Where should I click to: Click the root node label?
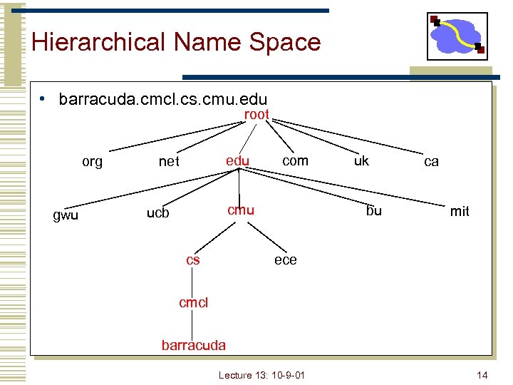256,114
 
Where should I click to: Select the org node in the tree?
92,162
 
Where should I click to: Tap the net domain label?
169,162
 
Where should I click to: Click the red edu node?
237,160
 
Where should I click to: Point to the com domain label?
295,160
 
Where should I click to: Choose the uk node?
361,160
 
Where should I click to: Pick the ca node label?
431,162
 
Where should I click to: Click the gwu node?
66,215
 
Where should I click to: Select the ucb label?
157,212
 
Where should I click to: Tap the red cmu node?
241,210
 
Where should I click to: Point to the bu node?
374,210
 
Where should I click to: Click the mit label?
460,211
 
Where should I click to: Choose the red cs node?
193,260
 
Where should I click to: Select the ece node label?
285,260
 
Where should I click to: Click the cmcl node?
193,302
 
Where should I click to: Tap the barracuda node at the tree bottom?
193,345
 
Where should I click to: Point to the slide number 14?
482,374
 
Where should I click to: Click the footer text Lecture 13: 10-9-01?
261,374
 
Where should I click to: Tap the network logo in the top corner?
457,36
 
